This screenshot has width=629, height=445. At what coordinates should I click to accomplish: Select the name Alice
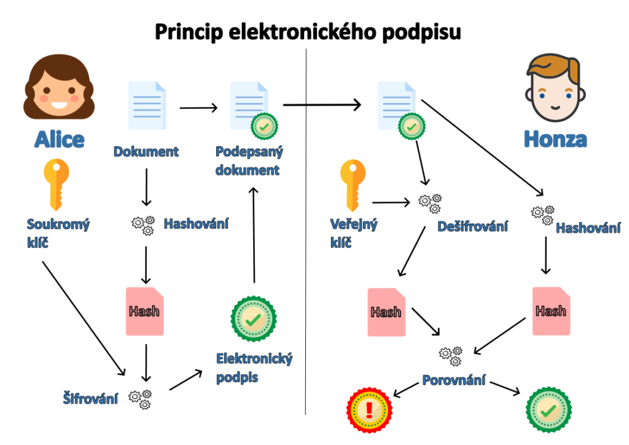tap(59, 140)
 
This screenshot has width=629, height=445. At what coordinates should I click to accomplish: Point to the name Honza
tap(555, 139)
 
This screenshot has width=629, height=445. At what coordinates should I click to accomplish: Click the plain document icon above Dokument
tap(146, 105)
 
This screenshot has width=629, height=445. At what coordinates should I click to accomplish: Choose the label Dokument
tap(146, 151)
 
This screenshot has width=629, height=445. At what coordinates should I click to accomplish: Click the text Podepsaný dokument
tap(249, 160)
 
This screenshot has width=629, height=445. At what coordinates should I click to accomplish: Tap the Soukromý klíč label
tap(58, 233)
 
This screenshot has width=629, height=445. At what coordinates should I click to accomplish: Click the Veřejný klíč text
tap(353, 233)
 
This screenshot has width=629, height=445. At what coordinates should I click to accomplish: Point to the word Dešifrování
tap(472, 226)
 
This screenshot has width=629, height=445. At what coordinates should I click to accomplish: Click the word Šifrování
tap(90, 398)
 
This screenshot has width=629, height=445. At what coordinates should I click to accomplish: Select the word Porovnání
tap(453, 380)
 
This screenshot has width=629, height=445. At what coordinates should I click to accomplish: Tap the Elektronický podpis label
tap(254, 368)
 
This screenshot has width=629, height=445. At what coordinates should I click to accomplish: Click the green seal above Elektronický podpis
tap(253, 318)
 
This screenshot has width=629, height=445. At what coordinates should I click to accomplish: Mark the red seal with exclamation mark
tap(369, 409)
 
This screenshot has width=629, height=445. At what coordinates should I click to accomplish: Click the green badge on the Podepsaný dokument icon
tap(264, 127)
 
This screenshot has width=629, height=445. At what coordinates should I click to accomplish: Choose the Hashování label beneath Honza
tap(588, 228)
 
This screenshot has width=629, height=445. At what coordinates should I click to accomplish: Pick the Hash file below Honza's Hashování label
tap(551, 311)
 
